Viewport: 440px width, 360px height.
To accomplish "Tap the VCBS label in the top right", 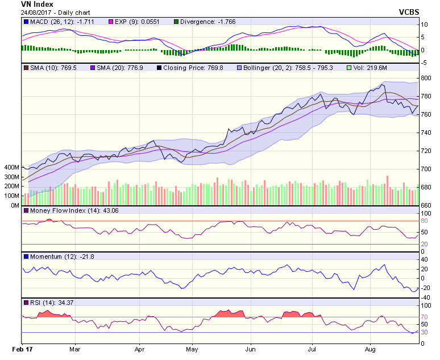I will pyautogui.click(x=409, y=12).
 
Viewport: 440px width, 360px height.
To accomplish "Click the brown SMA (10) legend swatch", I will pyautogui.click(x=26, y=68).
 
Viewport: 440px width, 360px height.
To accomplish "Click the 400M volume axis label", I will pyautogui.click(x=11, y=168).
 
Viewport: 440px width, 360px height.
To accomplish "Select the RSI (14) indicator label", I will pyautogui.click(x=42, y=302).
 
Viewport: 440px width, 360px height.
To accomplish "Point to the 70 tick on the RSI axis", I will pyautogui.click(x=424, y=317).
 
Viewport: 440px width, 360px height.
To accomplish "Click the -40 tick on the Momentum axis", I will pyautogui.click(x=424, y=297).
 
